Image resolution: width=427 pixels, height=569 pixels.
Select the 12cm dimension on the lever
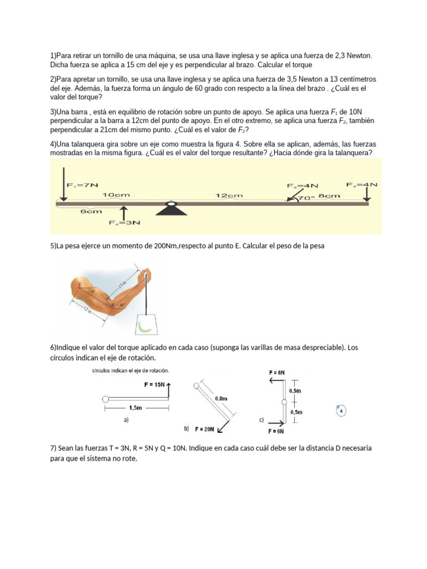229,196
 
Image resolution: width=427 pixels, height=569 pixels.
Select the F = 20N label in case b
205,430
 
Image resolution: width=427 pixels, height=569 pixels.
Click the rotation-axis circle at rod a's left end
106,398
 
